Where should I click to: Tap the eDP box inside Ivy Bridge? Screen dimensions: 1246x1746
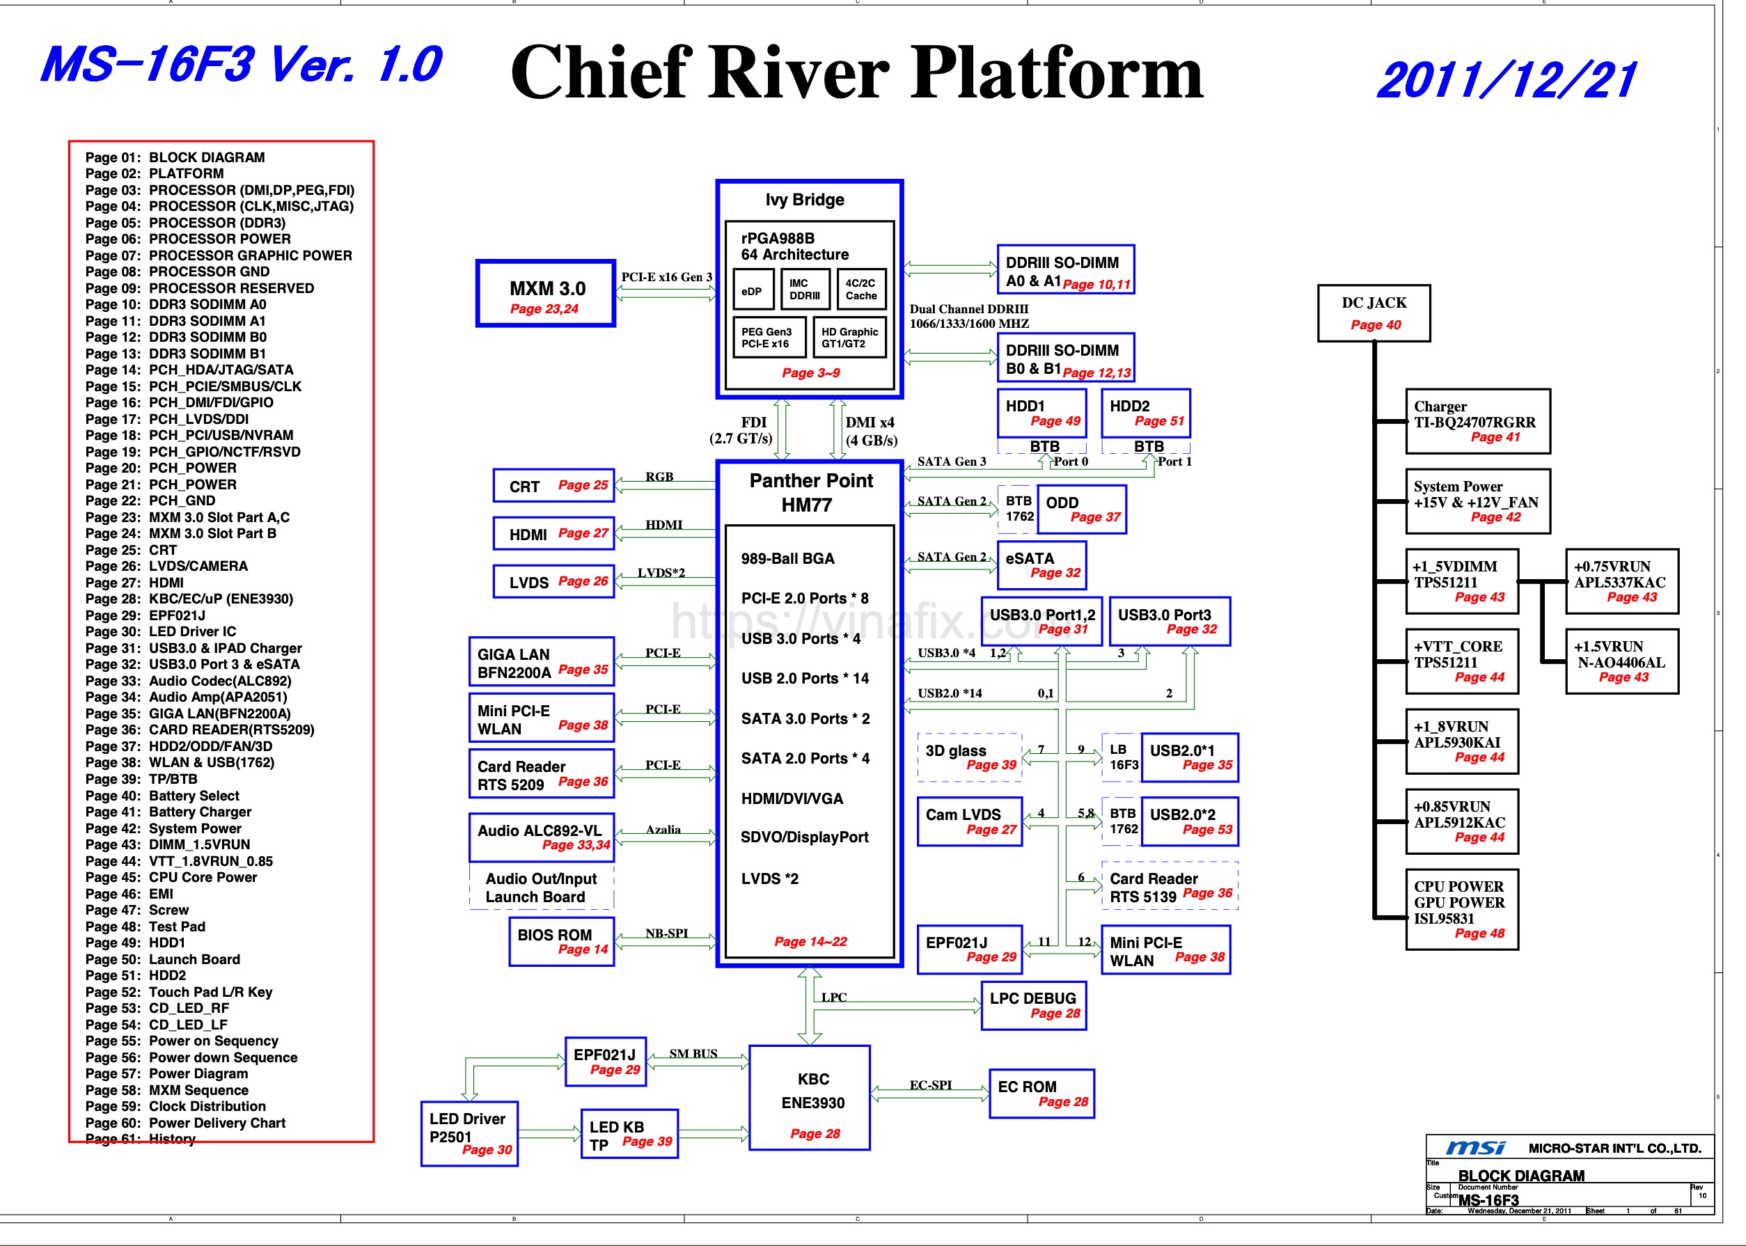point(752,292)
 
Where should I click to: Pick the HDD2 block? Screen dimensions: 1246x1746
point(1145,413)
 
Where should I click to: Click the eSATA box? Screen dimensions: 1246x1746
point(1041,565)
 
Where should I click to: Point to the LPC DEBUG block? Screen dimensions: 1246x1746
point(1033,1005)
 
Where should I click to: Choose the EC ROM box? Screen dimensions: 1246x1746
point(1041,1094)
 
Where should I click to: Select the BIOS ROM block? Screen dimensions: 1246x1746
point(562,941)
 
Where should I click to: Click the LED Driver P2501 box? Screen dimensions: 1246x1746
point(469,1134)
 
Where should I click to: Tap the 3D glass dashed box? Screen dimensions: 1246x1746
point(970,757)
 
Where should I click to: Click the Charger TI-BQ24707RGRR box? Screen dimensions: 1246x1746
point(1477,421)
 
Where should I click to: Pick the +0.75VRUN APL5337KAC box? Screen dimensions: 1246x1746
point(1621,581)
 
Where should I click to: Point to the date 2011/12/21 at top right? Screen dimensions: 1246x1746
point(1507,81)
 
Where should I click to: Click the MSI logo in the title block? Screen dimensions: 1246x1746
point(1474,1148)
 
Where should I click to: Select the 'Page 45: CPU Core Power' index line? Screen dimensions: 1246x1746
point(171,877)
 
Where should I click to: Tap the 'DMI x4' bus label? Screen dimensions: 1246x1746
point(870,423)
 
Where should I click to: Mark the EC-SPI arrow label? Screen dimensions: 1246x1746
point(931,1085)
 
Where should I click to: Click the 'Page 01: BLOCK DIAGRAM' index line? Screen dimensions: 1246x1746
point(175,157)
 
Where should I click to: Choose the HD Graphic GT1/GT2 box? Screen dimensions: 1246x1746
point(849,338)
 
